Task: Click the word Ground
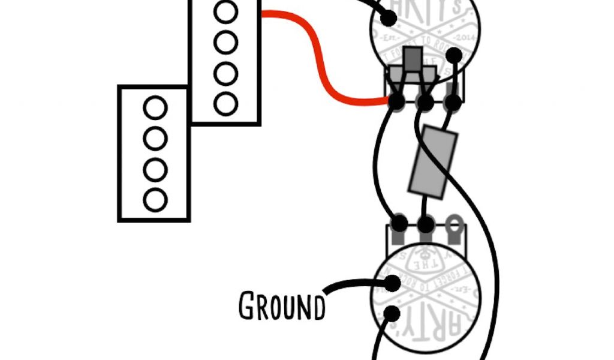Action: point(282,306)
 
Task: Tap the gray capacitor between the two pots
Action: point(433,161)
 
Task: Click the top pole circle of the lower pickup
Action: point(155,109)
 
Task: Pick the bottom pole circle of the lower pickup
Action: point(155,200)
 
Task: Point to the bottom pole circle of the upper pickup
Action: point(225,104)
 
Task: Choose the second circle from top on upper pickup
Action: point(225,43)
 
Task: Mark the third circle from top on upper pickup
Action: point(225,73)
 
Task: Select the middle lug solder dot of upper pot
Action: point(425,103)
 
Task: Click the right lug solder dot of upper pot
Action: point(453,103)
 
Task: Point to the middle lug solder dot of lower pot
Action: point(426,226)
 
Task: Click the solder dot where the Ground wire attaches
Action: point(392,283)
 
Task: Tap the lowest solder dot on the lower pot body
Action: point(392,313)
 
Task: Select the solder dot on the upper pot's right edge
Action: point(454,56)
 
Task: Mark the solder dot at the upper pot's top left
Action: point(389,18)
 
